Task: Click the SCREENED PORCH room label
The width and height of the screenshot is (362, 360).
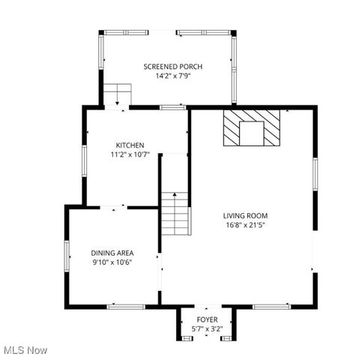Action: [172, 67]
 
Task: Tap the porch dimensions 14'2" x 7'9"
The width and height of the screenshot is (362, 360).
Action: [172, 76]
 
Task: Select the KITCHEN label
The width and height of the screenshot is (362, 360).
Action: [130, 145]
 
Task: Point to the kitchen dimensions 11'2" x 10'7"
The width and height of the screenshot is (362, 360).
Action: [130, 155]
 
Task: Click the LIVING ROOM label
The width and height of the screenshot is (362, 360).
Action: [245, 215]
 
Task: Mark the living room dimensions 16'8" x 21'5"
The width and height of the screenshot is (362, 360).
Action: [245, 225]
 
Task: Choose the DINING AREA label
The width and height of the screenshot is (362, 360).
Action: [112, 253]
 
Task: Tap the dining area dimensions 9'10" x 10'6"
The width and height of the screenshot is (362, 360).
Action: [112, 262]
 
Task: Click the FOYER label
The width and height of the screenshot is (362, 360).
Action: [207, 319]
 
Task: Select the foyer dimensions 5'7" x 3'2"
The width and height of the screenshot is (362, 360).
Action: [207, 328]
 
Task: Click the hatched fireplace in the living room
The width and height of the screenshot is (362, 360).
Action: [251, 127]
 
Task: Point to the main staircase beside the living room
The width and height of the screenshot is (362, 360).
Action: [175, 213]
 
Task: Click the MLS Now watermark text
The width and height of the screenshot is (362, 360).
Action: [25, 350]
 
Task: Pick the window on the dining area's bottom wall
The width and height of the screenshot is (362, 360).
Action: [125, 306]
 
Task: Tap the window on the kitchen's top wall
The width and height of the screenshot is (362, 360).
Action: [173, 108]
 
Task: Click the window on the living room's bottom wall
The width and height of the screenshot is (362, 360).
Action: [271, 306]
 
